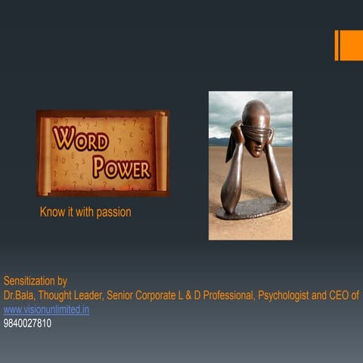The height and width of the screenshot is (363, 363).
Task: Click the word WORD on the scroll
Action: coord(79,139)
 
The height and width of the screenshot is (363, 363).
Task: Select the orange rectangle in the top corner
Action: coord(350,45)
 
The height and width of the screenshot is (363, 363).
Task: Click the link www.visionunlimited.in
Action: coord(46,309)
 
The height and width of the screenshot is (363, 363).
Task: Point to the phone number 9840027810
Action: coord(27,323)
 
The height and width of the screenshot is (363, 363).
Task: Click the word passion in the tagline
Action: coord(113,213)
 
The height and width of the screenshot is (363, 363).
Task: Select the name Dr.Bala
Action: coord(19,295)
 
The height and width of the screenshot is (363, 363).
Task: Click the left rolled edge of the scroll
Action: coord(43,153)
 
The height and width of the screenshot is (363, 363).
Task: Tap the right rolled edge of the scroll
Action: coord(161,153)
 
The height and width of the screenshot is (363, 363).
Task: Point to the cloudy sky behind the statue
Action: coord(227,110)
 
